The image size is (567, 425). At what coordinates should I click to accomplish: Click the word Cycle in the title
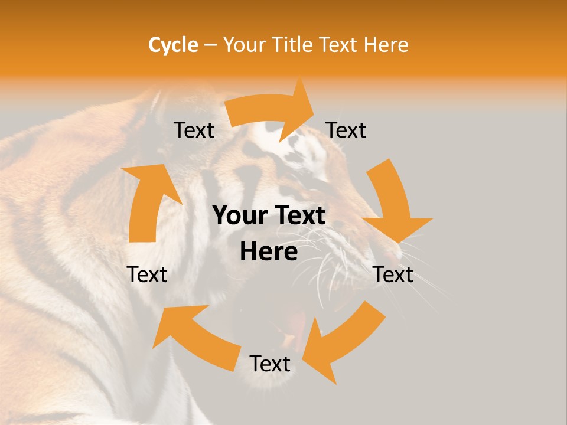[x=173, y=45]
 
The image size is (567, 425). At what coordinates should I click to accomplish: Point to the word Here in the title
[x=385, y=45]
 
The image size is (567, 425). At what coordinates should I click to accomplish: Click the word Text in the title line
[x=338, y=45]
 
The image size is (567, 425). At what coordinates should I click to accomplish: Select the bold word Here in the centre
[x=269, y=252]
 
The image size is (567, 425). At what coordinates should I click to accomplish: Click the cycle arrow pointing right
[x=272, y=112]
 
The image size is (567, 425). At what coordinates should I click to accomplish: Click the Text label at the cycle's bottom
[x=270, y=364]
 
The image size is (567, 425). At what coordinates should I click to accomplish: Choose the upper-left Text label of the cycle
[x=194, y=130]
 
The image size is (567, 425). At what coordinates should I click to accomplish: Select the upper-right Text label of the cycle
[x=346, y=130]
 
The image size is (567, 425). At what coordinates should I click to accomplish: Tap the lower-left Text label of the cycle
[x=148, y=274]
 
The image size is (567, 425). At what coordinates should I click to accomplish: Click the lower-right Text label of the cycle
[x=393, y=274]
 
